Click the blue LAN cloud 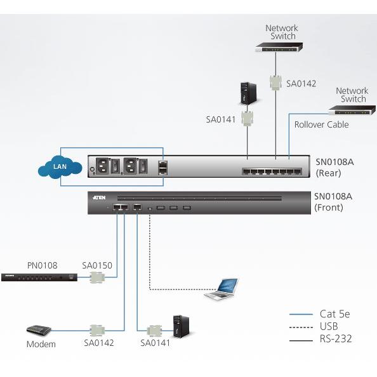(x=60, y=167)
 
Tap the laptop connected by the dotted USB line (x=222, y=289)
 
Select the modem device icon (x=39, y=331)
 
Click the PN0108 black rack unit (x=39, y=277)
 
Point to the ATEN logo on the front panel (x=99, y=197)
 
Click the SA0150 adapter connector (x=97, y=277)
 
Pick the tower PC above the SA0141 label (x=248, y=93)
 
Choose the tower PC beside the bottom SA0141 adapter (x=181, y=326)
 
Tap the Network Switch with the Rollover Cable (x=352, y=110)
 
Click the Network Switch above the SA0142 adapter (x=279, y=47)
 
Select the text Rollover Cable (x=321, y=124)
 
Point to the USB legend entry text (x=329, y=326)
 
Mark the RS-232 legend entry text (x=336, y=338)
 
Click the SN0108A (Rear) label (x=334, y=168)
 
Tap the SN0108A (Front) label (x=333, y=202)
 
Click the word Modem (x=41, y=344)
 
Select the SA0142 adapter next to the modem (x=97, y=331)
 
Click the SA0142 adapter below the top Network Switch (x=276, y=83)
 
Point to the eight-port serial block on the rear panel (x=272, y=171)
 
